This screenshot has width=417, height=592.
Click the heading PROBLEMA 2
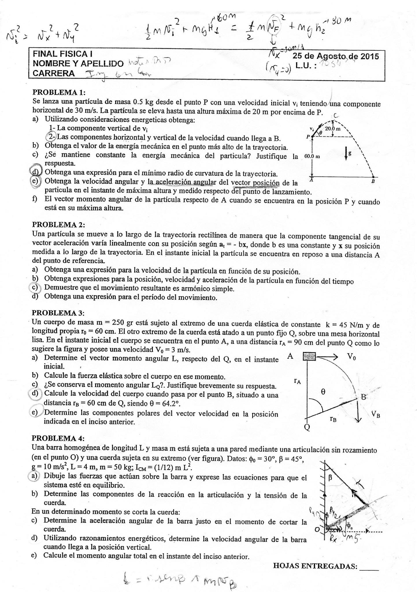coord(59,225)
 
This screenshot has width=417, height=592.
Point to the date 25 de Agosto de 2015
coord(336,56)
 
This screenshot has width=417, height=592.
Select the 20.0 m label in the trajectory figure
coord(333,129)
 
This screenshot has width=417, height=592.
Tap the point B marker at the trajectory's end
coord(373,177)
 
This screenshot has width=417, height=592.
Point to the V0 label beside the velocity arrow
coord(352,357)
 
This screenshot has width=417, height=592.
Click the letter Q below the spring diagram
coord(307,428)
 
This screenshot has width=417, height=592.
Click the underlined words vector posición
coord(255,183)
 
